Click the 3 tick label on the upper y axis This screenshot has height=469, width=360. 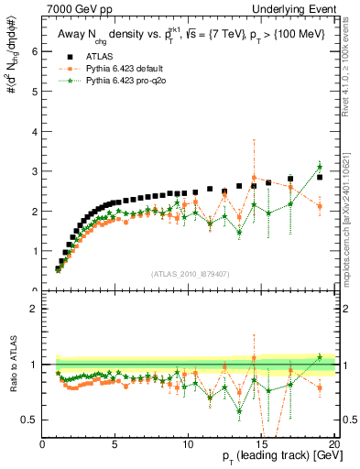35,171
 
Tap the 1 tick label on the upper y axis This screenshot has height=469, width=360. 35,251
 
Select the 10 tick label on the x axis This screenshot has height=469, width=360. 188,444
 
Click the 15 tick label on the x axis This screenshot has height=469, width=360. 261,444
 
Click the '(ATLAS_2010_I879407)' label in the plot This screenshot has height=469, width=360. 190,273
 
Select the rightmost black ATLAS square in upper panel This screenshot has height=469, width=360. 320,177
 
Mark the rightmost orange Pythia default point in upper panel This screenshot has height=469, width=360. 320,206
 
